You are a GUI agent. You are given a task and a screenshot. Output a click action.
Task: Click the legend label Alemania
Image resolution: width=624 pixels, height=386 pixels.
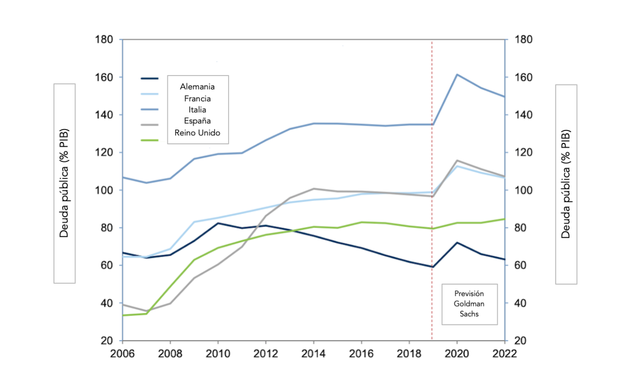197,86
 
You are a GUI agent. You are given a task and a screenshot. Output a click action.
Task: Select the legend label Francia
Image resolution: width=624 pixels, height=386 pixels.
197,98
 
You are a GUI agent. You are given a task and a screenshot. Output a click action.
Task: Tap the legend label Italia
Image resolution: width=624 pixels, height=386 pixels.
197,109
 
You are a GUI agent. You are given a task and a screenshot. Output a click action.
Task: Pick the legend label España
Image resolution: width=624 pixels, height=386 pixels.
197,121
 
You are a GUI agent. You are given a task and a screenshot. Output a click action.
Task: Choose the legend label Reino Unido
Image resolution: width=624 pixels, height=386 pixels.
197,132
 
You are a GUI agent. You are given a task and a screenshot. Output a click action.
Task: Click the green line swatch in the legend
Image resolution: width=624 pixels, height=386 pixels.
150,140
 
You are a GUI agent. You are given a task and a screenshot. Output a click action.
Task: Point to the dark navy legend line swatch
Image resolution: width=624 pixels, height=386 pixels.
150,79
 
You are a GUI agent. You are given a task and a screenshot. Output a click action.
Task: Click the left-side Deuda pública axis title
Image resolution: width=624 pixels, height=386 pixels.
64,183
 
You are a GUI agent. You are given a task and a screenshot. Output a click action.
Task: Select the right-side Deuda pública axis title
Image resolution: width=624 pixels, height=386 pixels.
566,184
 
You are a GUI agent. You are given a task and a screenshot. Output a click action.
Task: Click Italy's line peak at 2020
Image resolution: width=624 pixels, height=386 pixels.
456,74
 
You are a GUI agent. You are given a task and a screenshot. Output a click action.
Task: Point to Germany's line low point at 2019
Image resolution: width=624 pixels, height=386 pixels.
432,267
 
